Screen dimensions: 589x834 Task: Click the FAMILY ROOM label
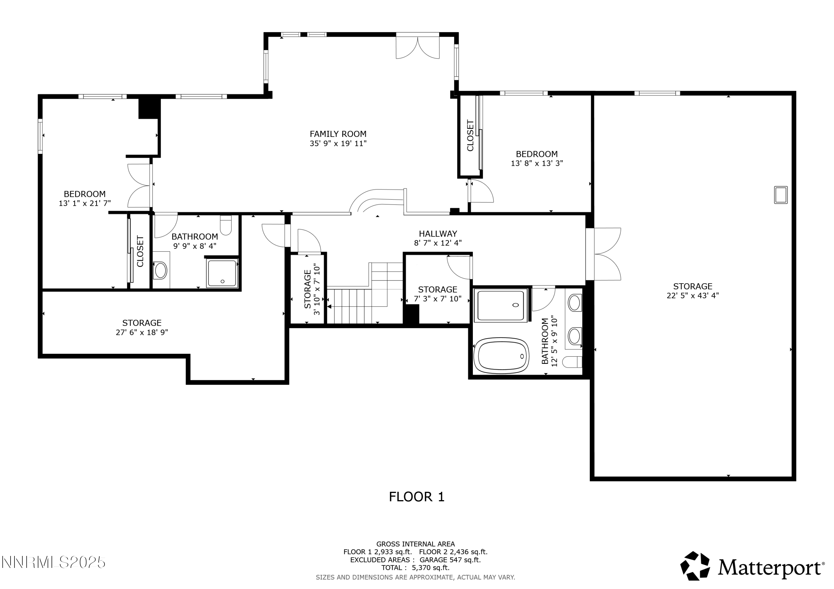(338, 134)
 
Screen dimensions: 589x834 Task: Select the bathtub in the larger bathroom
(502, 356)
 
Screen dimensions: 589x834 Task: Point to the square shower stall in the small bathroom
(222, 273)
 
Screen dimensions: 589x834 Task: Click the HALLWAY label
(438, 234)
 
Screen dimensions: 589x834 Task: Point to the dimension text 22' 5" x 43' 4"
(692, 296)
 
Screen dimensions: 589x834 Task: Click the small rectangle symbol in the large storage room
(781, 195)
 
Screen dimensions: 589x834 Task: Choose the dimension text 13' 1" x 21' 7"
(85, 204)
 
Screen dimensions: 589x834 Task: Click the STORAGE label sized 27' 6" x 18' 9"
(142, 323)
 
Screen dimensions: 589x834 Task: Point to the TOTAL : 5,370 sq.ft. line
(415, 568)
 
